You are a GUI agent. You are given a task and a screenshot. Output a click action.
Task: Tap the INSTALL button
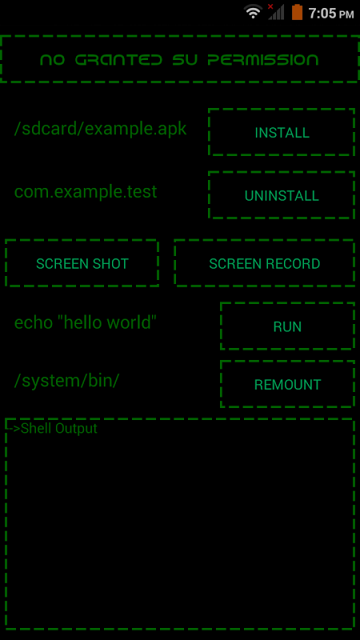click(x=282, y=133)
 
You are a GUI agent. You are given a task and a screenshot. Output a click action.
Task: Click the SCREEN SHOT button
click(x=82, y=263)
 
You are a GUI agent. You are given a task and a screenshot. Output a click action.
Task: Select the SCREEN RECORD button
click(x=264, y=263)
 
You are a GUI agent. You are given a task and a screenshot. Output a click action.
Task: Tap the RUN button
click(x=287, y=326)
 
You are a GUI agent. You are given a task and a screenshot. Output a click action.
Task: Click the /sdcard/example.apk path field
click(x=101, y=129)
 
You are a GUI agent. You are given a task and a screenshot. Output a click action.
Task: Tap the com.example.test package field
click(x=86, y=192)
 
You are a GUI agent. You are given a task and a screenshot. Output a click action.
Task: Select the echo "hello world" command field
click(x=86, y=322)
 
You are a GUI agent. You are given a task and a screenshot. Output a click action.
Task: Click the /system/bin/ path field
click(x=67, y=381)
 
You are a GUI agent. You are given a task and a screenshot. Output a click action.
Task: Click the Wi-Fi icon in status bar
click(x=253, y=12)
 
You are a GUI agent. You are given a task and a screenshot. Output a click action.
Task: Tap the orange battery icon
click(x=297, y=12)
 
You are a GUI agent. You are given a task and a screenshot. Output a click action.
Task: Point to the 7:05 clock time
click(x=322, y=14)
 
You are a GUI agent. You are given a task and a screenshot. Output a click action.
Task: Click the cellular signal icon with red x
click(x=276, y=12)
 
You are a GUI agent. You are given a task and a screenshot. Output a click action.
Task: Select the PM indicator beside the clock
click(x=346, y=14)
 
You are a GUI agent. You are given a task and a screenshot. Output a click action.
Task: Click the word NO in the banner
click(x=53, y=60)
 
